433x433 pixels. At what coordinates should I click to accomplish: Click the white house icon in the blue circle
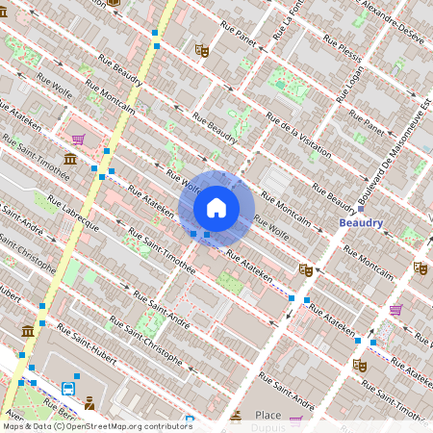click(216, 207)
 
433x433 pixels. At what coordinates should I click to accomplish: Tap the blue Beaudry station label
click(361, 222)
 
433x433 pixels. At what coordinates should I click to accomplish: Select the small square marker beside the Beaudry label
click(360, 208)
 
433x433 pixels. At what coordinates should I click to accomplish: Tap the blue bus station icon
click(68, 389)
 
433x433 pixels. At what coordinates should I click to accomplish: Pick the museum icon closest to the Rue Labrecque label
click(70, 159)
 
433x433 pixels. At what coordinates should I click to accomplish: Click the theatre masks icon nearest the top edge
click(201, 50)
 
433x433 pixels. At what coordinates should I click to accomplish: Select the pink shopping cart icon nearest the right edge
click(395, 310)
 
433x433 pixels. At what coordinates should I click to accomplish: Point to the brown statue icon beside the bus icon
click(89, 402)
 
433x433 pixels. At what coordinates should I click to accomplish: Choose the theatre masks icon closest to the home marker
click(306, 270)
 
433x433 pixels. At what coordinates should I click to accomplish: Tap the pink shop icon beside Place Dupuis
click(295, 420)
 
